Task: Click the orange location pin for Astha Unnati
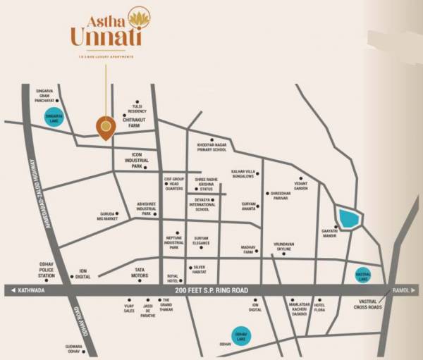(105, 127)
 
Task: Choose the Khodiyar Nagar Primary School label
(211, 147)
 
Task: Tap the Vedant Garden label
(301, 186)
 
